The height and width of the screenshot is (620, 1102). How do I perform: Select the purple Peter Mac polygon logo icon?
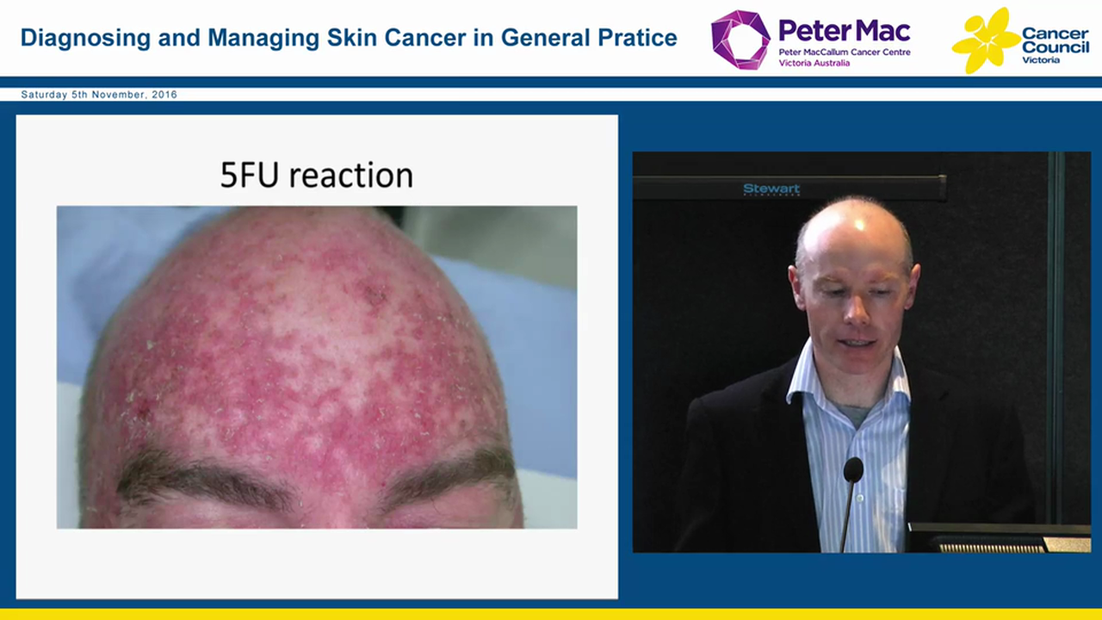(x=740, y=40)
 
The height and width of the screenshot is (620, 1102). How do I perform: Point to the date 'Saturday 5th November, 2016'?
(x=99, y=95)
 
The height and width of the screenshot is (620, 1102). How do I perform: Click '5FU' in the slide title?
(x=251, y=175)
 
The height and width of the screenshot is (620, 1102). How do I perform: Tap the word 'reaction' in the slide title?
(x=351, y=176)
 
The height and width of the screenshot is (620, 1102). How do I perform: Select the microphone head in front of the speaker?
(x=852, y=470)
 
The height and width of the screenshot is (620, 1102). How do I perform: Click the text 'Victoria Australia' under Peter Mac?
(x=814, y=63)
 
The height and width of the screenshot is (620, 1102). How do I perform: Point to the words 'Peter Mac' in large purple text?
(x=844, y=31)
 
